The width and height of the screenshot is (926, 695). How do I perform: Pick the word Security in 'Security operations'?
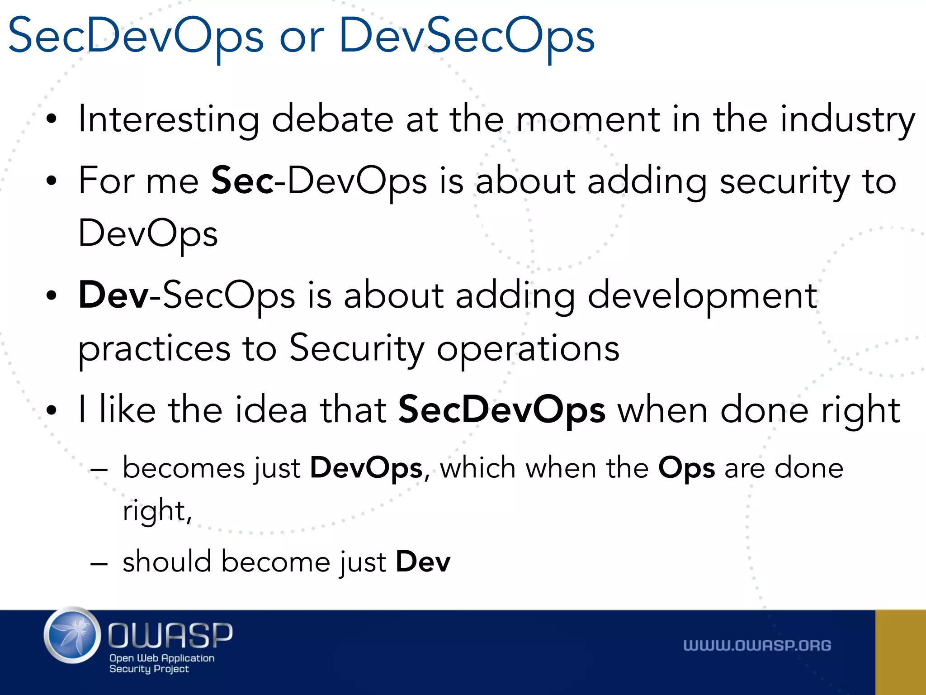coord(357,348)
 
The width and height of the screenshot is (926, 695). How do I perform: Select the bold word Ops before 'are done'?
coord(686,468)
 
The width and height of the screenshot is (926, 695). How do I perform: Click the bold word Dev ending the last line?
coord(423,562)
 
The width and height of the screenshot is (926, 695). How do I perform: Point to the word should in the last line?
coord(167,562)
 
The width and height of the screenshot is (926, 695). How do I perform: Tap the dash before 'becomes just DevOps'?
coord(99,470)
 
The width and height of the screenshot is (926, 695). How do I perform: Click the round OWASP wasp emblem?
coord(72,635)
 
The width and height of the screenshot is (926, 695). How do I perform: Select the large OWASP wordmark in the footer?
coord(170,635)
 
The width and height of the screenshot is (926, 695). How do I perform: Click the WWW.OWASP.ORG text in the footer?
coord(757,646)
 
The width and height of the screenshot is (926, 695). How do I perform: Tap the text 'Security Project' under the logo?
coord(149,669)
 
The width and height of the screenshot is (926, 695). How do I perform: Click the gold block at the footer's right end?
coord(900,652)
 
